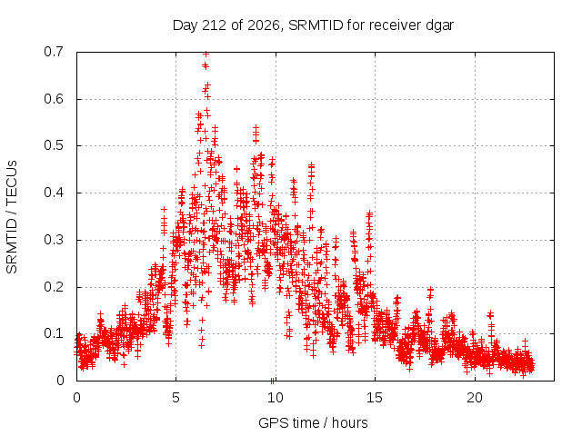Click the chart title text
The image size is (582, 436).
point(313,25)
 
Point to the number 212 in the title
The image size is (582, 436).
point(213,25)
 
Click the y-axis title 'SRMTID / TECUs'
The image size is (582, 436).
point(12,217)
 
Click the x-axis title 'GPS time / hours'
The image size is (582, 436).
point(313,422)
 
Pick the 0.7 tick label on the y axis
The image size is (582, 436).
point(54,52)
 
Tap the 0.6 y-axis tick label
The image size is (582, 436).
point(54,99)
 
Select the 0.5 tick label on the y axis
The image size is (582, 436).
point(54,145)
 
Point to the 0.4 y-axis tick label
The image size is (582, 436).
point(54,193)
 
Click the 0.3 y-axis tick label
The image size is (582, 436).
point(54,240)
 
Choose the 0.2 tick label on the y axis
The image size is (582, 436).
point(54,287)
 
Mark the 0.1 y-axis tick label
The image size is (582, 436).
point(54,333)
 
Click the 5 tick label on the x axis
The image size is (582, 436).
point(176,398)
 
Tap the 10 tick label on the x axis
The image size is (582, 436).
point(276,398)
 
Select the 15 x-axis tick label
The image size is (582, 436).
point(375,398)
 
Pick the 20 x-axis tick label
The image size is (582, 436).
point(475,398)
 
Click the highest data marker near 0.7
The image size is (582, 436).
point(206,54)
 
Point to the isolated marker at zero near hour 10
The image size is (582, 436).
point(273,381)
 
